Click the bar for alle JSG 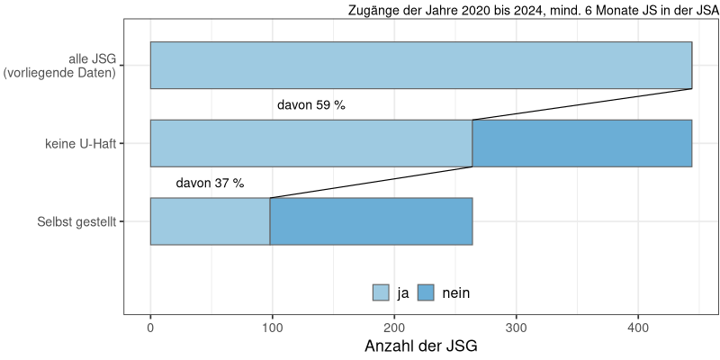tap(420, 65)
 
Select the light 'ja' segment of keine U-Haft tap(310, 143)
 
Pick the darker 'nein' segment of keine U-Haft tap(581, 143)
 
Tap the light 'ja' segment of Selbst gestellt tap(210, 221)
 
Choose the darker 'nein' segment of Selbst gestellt tap(371, 221)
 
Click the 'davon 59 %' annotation tap(311, 105)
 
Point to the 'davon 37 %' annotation tap(210, 184)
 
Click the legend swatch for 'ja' tap(381, 292)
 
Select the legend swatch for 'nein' tap(426, 292)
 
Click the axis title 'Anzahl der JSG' tap(420, 346)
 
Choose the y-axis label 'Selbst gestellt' tap(76, 221)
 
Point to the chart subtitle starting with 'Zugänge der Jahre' tap(533, 11)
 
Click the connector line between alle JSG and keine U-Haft tap(581, 104)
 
